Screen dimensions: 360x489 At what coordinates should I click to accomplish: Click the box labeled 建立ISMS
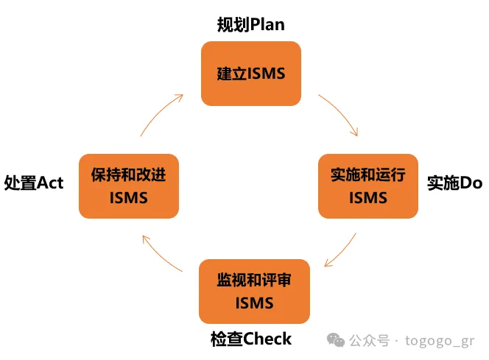point(250,73)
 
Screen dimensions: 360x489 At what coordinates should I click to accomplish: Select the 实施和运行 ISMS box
point(367,186)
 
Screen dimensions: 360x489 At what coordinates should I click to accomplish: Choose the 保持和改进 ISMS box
point(129,186)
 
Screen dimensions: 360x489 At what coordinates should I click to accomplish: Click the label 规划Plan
point(250,25)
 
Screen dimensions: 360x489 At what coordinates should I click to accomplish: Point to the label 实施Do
point(454,183)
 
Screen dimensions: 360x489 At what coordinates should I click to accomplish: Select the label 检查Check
point(250,339)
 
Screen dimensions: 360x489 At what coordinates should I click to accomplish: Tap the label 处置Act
point(34,183)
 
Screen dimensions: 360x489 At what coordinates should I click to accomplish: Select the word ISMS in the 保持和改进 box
point(129,197)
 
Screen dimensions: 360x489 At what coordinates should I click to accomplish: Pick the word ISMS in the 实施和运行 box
point(367,197)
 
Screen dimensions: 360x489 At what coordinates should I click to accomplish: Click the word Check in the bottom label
point(267,339)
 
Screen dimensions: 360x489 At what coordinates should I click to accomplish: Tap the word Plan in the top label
point(267,25)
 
